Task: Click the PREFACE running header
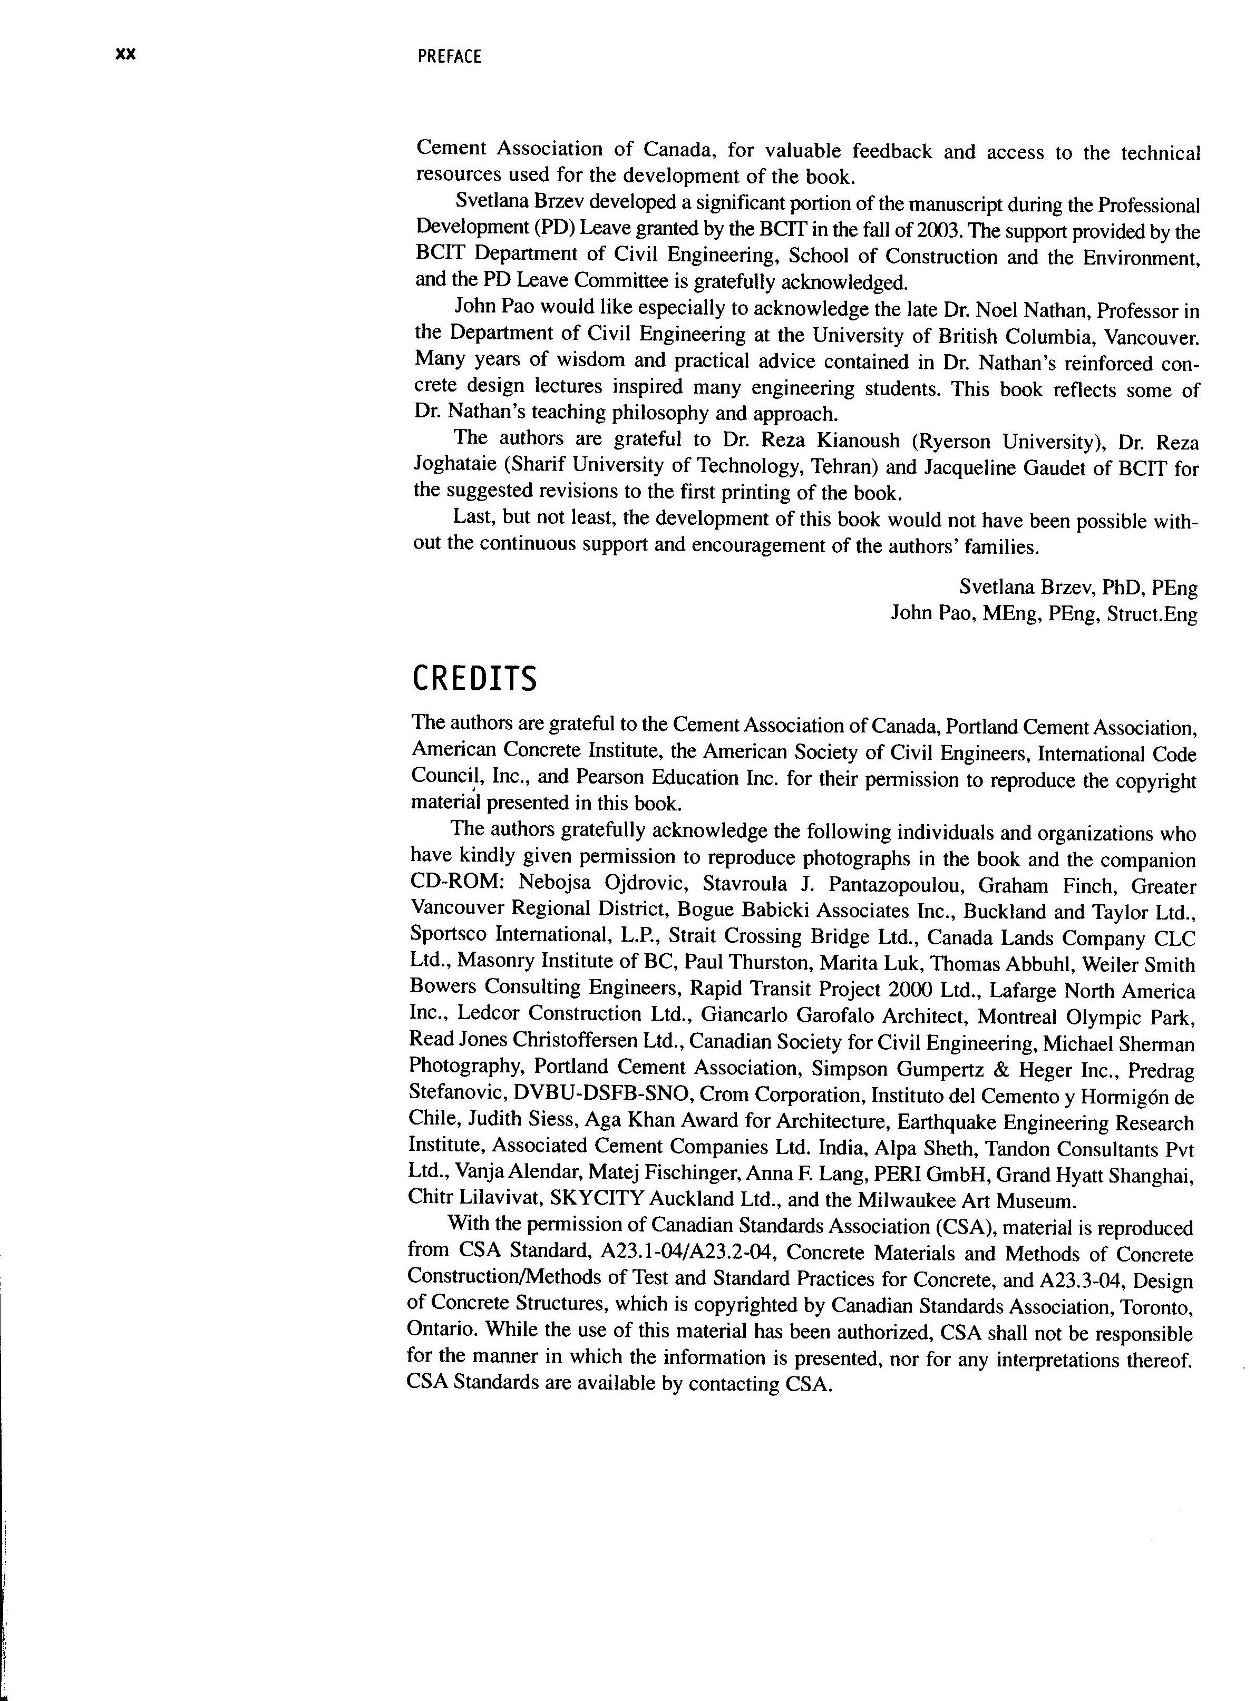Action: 449,57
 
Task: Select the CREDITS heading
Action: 474,679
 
